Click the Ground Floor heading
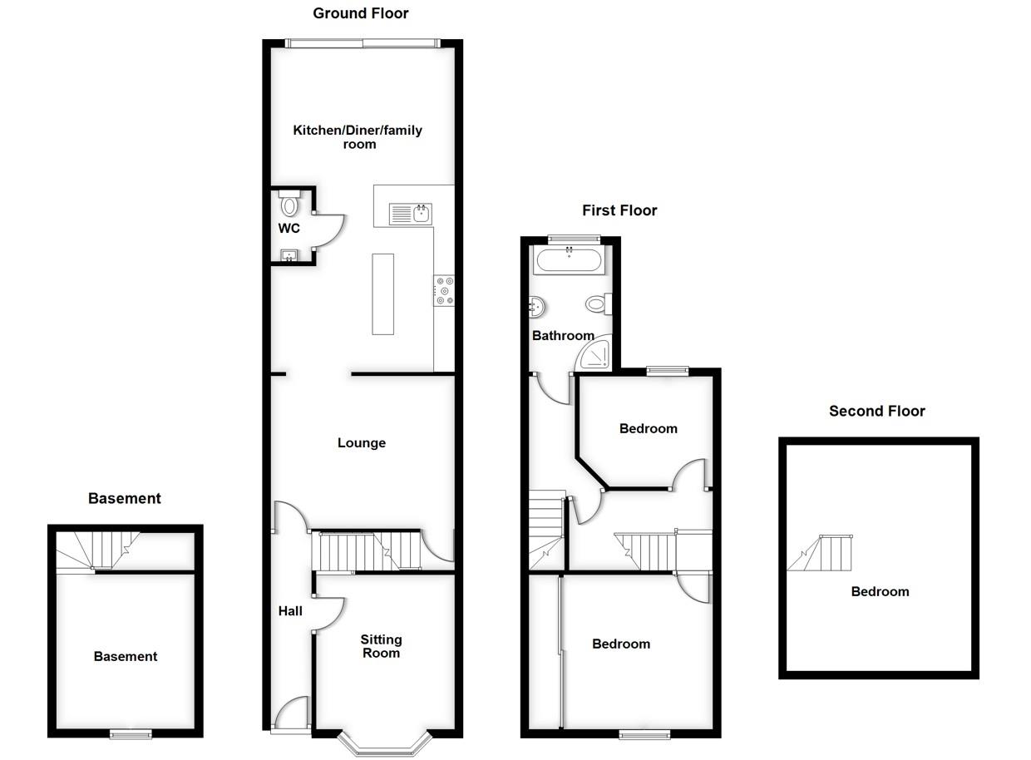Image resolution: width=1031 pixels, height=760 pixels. pos(360,13)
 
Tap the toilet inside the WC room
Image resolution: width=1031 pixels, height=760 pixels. pos(289,203)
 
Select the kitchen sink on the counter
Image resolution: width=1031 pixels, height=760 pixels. pos(412,215)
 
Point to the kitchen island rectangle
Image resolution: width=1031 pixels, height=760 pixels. pos(382,294)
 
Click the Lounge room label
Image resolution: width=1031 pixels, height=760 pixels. pos(361,443)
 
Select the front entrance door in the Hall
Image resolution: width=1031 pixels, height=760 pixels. pos(291,715)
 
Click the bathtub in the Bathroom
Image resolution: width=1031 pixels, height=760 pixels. pos(569,262)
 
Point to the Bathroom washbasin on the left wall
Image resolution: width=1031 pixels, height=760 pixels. pos(536,308)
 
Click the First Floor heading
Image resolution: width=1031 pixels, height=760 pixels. pos(619,210)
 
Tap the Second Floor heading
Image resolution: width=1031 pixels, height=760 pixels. pos(876,411)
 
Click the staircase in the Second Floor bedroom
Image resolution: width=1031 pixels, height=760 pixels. pos(823,554)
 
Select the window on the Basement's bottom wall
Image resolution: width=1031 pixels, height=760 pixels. pos(131,733)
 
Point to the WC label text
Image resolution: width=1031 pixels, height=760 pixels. pos(289,229)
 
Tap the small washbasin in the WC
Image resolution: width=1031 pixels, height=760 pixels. pos(289,256)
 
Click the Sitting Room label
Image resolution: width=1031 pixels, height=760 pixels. pos(381,646)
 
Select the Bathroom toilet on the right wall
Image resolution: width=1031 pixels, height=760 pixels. pos(597,304)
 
